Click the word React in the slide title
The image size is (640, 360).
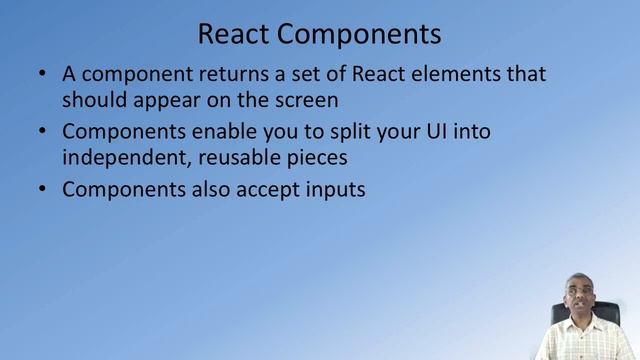tap(233, 34)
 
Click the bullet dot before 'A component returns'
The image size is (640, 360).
tap(40, 75)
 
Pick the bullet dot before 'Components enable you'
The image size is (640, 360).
tap(40, 132)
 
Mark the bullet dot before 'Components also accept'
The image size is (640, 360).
tap(40, 189)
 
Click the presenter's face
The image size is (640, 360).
tap(577, 301)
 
